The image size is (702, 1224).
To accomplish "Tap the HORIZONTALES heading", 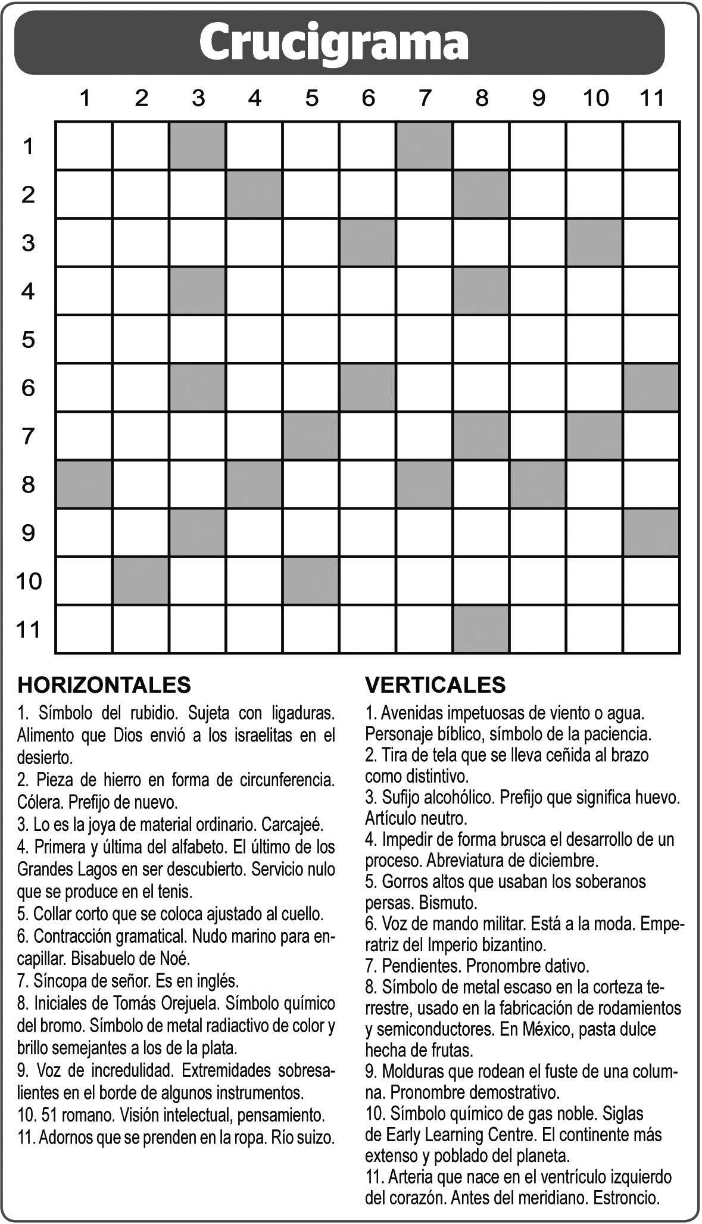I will [x=104, y=684].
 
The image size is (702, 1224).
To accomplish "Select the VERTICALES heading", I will [x=435, y=684].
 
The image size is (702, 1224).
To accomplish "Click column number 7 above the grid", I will [x=425, y=98].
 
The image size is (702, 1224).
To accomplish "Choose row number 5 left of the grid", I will [x=28, y=340].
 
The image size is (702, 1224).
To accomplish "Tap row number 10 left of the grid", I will [x=28, y=581].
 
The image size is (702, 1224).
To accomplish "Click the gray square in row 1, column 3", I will [x=198, y=146].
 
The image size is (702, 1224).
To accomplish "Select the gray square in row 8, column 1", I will [x=84, y=484].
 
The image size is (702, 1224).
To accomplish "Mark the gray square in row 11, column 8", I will [x=481, y=629].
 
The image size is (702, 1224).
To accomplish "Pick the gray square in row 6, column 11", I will [x=651, y=388].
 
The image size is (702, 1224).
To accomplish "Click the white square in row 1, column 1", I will [x=84, y=146].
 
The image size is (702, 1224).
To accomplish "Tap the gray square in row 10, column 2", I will [x=141, y=581].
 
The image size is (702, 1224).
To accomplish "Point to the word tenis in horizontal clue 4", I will [x=175, y=892].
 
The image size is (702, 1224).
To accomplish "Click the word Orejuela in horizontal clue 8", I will [x=191, y=1004].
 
